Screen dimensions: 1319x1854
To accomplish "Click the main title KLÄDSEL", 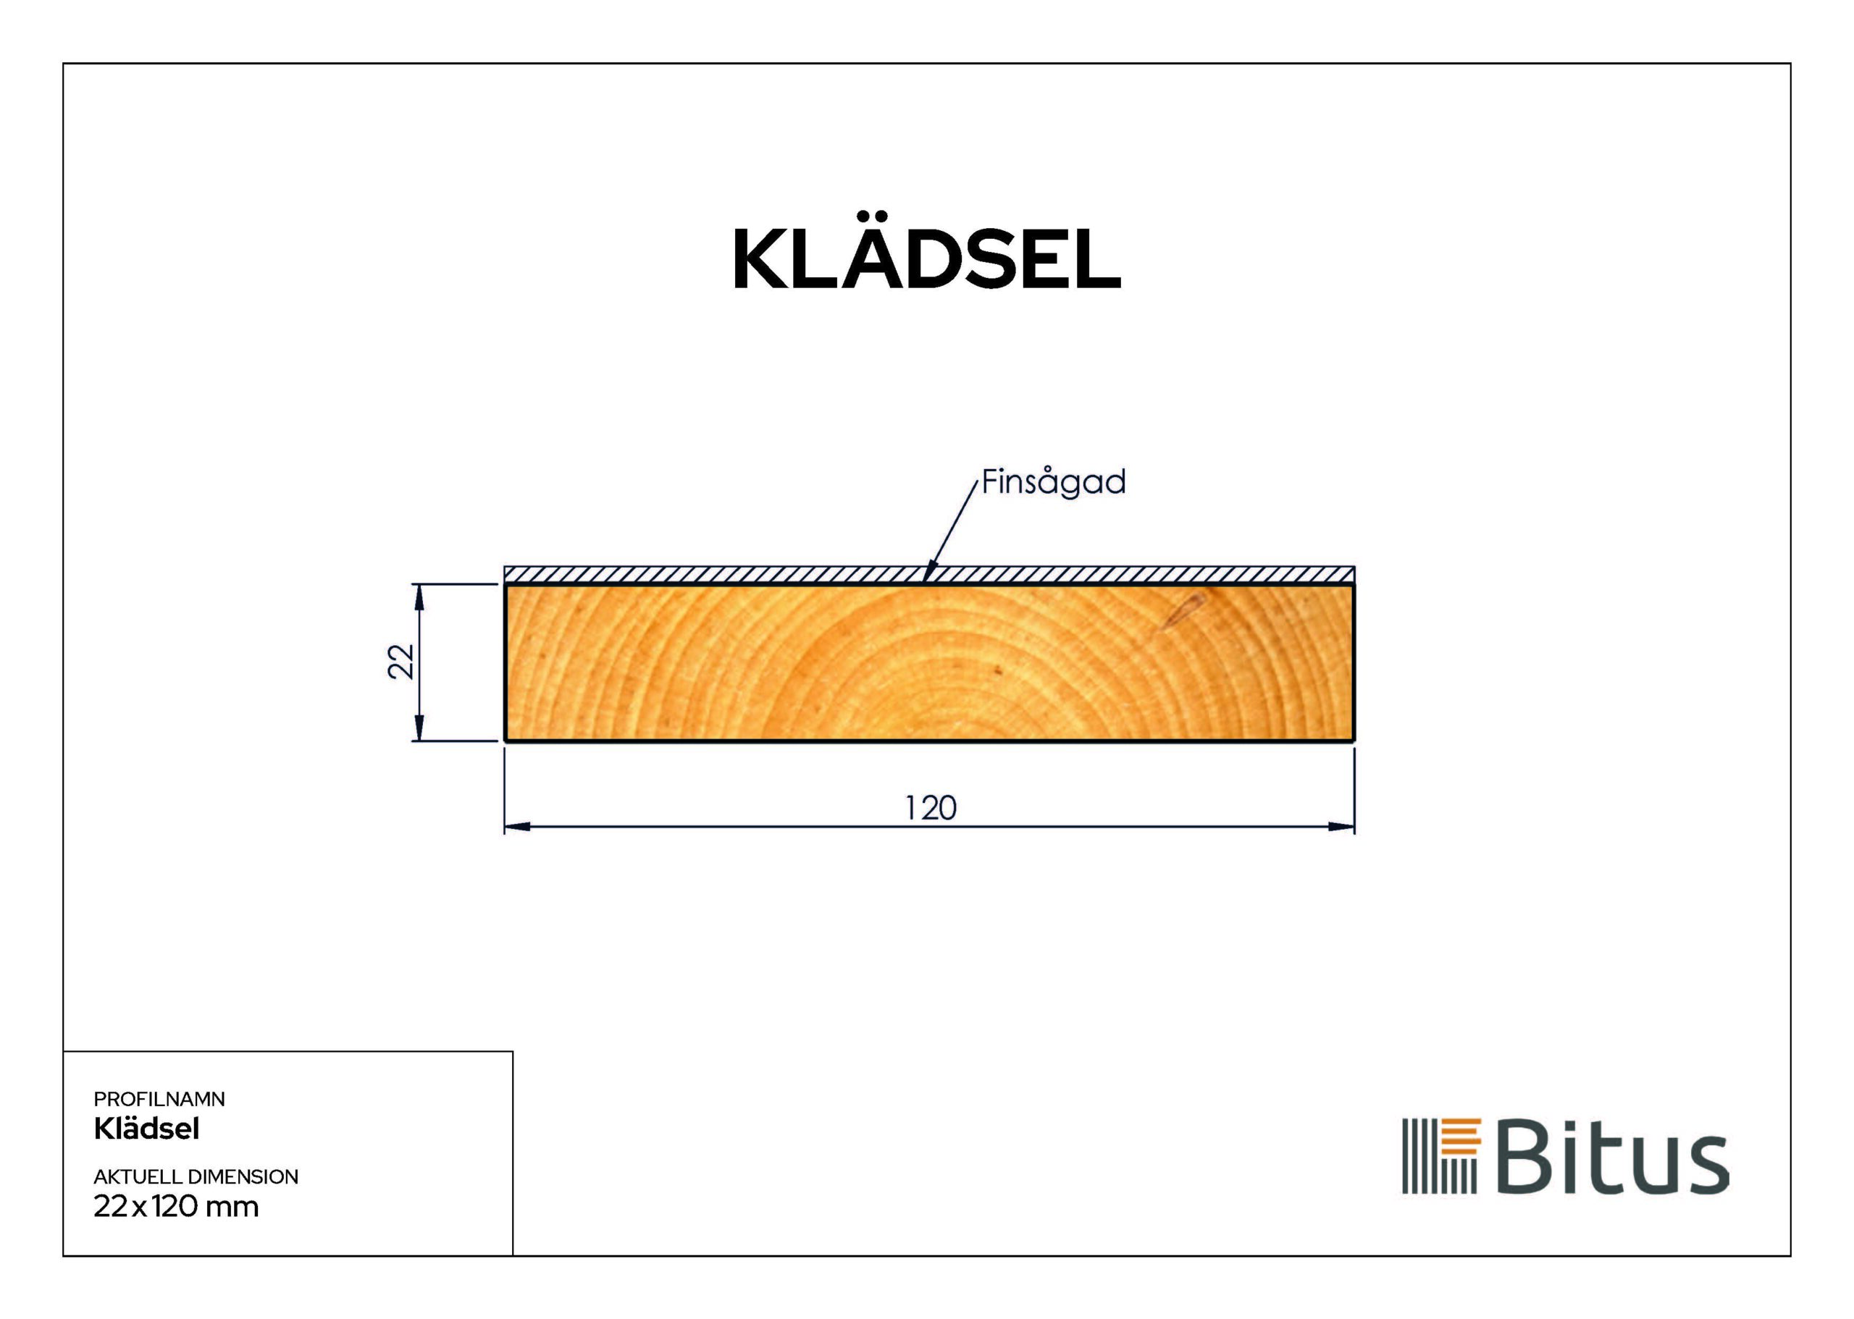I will coord(926,258).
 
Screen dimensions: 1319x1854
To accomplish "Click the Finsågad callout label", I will coord(1053,481).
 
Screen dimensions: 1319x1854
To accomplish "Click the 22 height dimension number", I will coord(401,661).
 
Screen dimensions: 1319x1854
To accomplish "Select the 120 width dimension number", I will coord(931,808).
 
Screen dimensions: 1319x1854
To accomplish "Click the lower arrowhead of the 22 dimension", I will coord(419,728).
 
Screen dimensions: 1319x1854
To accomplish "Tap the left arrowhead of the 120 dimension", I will coord(518,827).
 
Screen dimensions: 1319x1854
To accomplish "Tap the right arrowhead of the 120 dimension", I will coord(1341,827).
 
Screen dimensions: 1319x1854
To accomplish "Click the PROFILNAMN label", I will coord(159,1099).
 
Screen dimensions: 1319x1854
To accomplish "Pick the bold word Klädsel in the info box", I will coord(146,1129).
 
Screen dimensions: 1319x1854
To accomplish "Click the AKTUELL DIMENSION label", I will coord(196,1177).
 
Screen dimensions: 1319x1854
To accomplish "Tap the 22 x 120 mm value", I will coord(176,1207).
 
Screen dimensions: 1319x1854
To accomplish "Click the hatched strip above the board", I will coord(731,575).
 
